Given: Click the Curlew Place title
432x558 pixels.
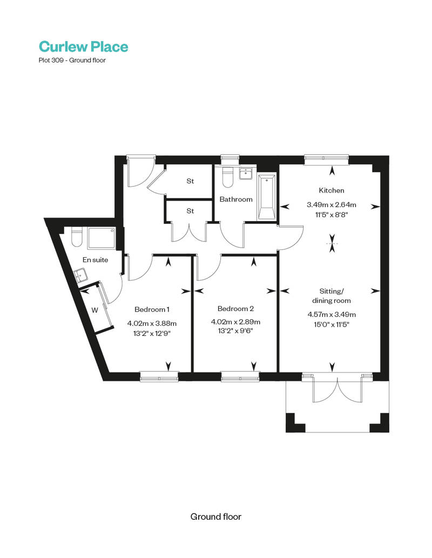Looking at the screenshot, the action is pos(83,46).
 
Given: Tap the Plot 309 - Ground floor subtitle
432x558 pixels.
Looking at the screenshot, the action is pos(72,60).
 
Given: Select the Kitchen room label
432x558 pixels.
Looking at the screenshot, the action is pos(332,190).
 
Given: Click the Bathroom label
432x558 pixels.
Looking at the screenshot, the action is pos(236,199).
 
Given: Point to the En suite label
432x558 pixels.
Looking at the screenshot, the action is pos(95,260).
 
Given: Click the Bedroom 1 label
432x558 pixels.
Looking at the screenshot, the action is pos(152,309).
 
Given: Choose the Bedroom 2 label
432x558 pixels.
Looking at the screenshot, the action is pos(235,308).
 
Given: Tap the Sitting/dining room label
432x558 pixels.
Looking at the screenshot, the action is pos(332,296).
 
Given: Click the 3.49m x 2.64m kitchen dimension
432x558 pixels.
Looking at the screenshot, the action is pos(332,205).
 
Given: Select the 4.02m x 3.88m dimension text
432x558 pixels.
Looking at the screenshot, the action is pos(152,323).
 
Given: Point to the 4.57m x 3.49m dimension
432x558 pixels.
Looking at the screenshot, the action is pos(332,314).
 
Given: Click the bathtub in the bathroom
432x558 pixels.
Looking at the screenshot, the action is pos(267,197).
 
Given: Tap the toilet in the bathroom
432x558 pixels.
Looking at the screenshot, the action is pos(227,176).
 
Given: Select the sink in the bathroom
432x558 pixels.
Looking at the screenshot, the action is pos(246,174).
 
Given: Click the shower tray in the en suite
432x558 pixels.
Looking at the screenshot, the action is pos(102,238).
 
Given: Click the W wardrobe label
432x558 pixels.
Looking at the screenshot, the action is pos(94,311).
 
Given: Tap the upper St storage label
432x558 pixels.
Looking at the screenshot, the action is pos(190,181).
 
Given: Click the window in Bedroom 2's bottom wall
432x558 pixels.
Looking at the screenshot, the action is pos(240,376).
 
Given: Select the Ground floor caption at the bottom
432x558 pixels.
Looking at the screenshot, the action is pos(216,516).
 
